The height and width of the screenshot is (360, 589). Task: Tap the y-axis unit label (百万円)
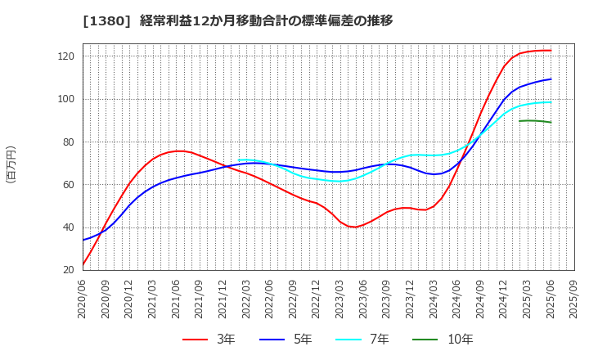(11, 164)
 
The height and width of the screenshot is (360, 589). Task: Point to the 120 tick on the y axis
(66, 56)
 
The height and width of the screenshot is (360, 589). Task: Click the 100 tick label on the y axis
(66, 99)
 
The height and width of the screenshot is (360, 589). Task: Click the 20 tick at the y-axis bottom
(69, 270)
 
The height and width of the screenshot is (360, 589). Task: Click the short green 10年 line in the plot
(535, 121)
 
